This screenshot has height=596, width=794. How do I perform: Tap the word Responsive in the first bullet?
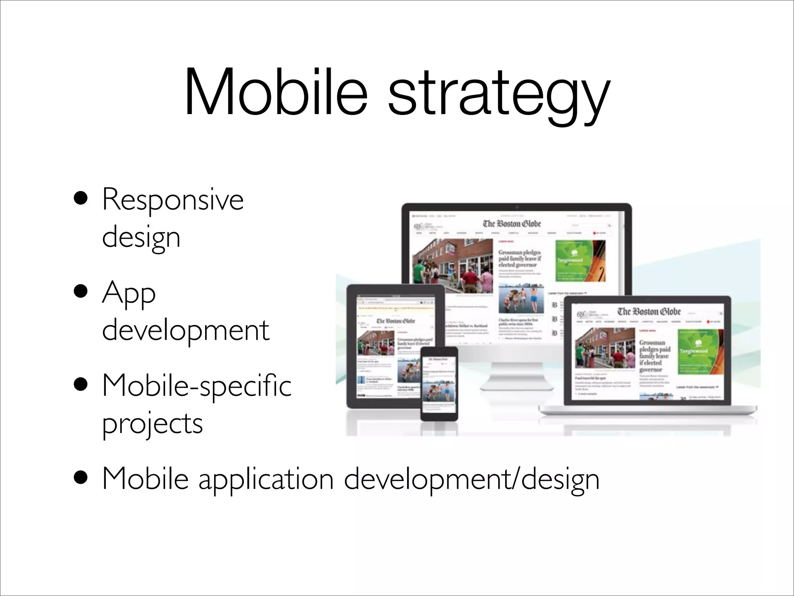click(173, 199)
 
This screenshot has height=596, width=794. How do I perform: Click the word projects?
click(152, 424)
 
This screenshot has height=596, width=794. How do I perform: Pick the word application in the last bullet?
click(266, 480)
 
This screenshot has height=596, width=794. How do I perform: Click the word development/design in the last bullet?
click(471, 480)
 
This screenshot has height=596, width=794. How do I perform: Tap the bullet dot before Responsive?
click(82, 199)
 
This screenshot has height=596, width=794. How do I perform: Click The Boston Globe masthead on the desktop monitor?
click(512, 223)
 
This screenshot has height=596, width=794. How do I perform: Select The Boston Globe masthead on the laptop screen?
click(649, 312)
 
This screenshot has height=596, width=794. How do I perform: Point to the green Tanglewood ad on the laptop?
click(700, 352)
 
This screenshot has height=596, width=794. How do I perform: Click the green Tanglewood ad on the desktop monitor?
click(580, 260)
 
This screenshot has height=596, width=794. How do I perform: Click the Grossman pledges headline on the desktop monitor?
click(520, 258)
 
